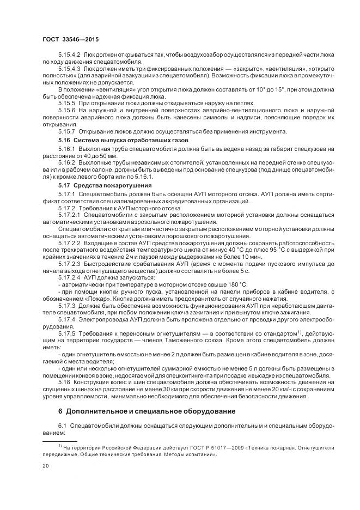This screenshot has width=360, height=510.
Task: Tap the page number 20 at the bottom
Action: pyautogui.click(x=46, y=466)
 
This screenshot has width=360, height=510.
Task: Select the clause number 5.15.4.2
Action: pyautogui.click(x=69, y=56)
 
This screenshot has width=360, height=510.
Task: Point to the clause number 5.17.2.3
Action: pyautogui.click(x=69, y=263)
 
